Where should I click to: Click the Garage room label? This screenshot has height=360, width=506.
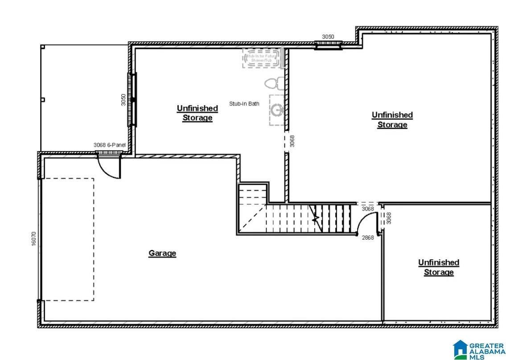click(162, 253)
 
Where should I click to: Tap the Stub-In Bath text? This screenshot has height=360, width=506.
click(244, 104)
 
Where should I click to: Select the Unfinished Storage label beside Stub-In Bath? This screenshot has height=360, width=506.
click(197, 113)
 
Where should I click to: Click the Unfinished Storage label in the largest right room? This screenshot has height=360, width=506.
click(392, 120)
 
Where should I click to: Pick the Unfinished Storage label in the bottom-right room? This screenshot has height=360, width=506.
click(438, 267)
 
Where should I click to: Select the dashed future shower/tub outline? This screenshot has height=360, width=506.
click(263, 58)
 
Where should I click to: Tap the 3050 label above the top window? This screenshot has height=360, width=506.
click(328, 37)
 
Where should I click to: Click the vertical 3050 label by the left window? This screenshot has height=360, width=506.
click(123, 100)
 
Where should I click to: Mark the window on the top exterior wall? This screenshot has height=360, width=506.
click(328, 45)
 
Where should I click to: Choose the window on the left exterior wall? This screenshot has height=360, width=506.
click(132, 100)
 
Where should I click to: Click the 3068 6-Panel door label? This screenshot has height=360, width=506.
click(110, 145)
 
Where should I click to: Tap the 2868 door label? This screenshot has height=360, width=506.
click(368, 237)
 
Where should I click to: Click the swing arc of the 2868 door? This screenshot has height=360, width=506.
click(366, 221)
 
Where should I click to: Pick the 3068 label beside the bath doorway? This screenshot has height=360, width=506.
click(292, 141)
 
